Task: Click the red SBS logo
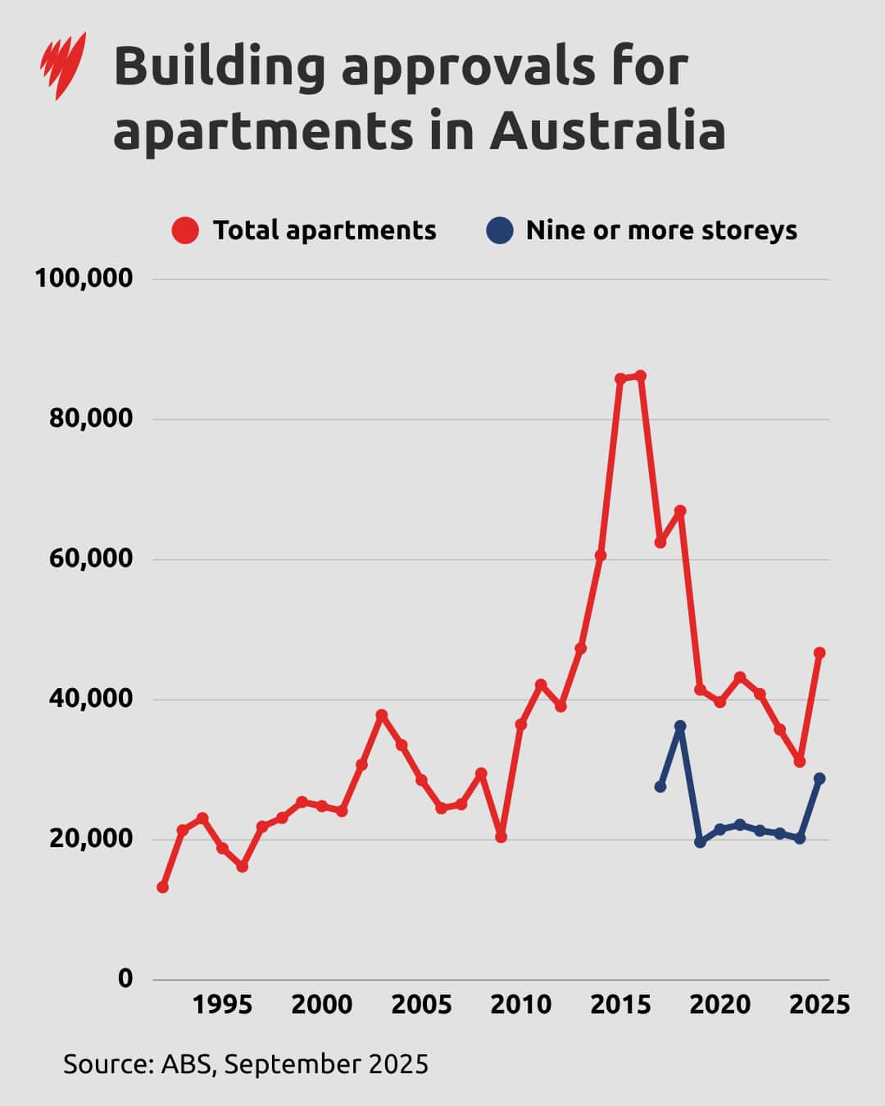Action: [63, 66]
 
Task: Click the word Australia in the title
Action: [607, 131]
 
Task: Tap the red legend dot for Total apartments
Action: [185, 230]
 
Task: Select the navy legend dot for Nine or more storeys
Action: [499, 230]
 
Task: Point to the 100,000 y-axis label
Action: [84, 279]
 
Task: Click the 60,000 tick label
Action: [91, 559]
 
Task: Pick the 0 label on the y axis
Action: [125, 978]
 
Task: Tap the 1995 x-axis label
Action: [222, 1004]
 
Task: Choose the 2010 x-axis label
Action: [521, 1004]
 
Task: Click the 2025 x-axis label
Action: [819, 1004]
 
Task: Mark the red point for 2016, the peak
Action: [640, 376]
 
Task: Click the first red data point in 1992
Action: [163, 887]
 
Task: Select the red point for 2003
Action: [382, 715]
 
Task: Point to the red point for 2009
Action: [501, 837]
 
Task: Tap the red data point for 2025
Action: [819, 653]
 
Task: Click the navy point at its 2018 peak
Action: [680, 726]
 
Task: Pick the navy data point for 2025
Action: [819, 778]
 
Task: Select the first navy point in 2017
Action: [660, 786]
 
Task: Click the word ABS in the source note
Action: [187, 1064]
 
